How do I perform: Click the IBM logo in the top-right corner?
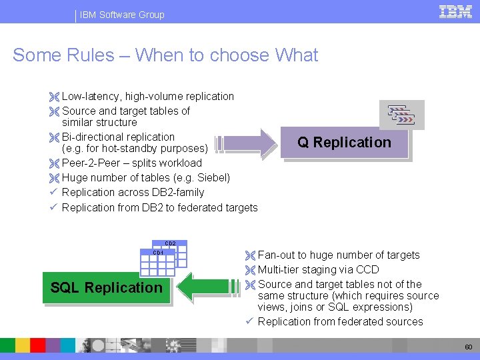(455, 11)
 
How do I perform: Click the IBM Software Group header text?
(122, 15)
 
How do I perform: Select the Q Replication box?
(344, 143)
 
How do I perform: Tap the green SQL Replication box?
(107, 288)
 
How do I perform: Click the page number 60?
(468, 347)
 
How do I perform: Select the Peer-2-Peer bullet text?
(131, 163)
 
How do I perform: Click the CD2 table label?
(170, 244)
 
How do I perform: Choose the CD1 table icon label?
(158, 253)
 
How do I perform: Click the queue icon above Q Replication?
(401, 115)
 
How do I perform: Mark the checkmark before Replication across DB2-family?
(53, 192)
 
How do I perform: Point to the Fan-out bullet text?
(339, 255)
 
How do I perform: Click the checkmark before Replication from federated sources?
(249, 321)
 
